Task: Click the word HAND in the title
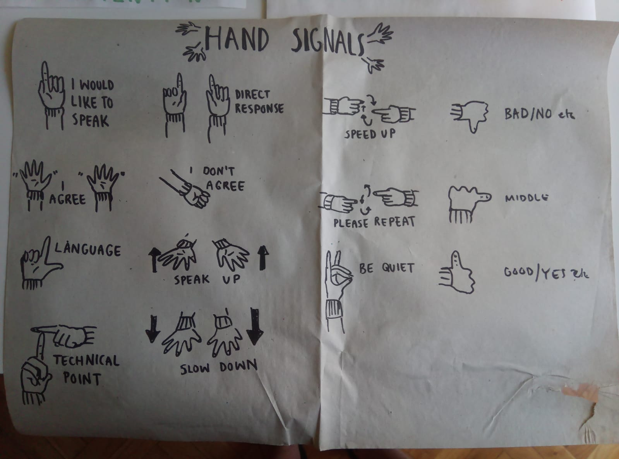[237, 39]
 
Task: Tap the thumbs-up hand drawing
[456, 272]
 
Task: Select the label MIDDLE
[526, 198]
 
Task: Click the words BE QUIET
[386, 268]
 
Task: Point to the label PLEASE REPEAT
[374, 222]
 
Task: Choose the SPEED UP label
[369, 134]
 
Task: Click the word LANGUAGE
[87, 249]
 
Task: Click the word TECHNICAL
[86, 360]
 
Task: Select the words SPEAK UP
[207, 279]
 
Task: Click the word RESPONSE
[259, 108]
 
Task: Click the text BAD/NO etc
[540, 114]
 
